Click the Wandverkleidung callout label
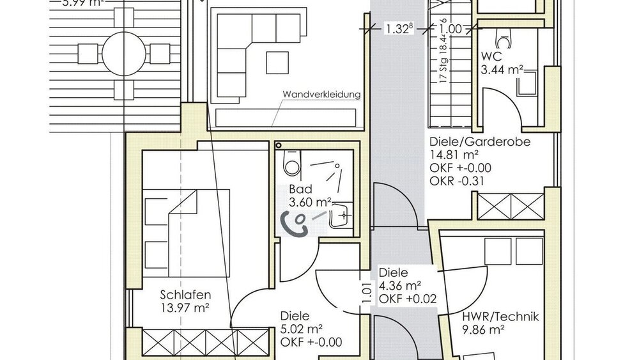tap(321, 95)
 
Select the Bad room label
tap(300, 191)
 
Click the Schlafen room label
tap(185, 295)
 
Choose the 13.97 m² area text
tap(185, 308)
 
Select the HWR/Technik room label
tap(501, 317)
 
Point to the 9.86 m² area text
tap(484, 330)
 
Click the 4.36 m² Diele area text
tap(399, 285)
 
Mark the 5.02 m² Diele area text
tap(302, 329)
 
